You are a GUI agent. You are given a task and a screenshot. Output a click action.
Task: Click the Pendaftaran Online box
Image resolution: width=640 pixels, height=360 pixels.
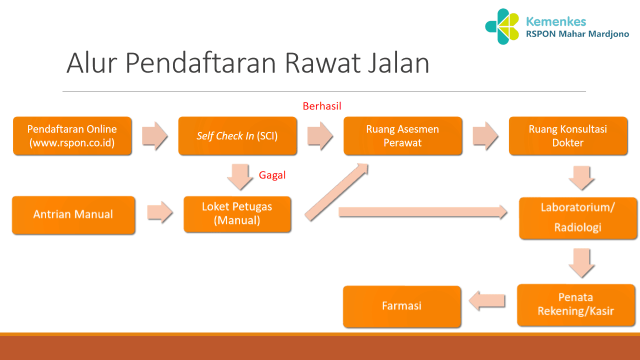point(72,136)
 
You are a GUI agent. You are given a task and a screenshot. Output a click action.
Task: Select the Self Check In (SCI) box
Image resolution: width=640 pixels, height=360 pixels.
point(237,136)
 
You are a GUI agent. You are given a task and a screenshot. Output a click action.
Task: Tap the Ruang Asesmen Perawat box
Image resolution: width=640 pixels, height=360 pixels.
point(402,136)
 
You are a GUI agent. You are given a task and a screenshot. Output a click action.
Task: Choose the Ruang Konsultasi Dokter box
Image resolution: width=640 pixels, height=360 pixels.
point(567,136)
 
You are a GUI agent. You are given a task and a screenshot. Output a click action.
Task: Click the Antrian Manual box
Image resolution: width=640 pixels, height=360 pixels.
point(73,215)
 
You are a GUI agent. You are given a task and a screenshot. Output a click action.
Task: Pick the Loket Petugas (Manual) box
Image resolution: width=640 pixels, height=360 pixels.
point(237,214)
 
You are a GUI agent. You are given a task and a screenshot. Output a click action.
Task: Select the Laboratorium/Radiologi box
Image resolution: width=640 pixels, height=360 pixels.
point(578,218)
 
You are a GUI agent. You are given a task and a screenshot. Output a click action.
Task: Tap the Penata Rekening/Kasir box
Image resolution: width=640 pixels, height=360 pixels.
point(575,304)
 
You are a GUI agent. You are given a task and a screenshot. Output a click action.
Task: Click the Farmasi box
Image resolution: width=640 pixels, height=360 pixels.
point(401,306)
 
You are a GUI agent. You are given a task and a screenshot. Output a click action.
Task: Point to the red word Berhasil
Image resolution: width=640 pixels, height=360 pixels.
point(322,106)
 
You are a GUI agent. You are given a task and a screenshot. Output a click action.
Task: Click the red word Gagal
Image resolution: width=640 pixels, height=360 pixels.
point(272,175)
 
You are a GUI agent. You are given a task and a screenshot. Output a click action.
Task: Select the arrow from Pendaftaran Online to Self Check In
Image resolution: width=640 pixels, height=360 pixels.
point(154,136)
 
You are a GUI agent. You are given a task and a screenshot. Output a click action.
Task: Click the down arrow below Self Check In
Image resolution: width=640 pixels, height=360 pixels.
point(240,176)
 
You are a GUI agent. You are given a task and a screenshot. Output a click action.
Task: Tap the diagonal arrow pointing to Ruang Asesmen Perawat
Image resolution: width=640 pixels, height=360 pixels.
point(336,191)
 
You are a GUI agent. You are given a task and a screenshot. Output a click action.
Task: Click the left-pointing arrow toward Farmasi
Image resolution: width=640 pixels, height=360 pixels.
point(486,301)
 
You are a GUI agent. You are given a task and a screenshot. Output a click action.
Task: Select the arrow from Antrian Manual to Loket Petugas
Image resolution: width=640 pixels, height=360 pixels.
point(159,212)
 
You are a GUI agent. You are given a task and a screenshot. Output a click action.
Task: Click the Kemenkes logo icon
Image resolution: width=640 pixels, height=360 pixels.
point(502,26)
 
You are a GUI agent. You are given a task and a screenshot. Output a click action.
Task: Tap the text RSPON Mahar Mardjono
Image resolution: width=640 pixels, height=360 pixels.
point(577,34)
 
